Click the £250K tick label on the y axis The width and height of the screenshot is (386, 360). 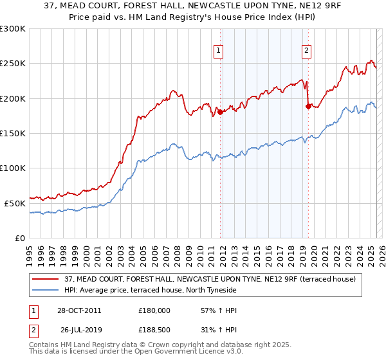[12, 64]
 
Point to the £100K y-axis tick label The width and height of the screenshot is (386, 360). [12, 168]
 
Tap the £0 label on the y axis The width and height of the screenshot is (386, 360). [19, 238]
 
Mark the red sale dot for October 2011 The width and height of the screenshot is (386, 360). [221, 112]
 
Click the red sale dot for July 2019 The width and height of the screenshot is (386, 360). [308, 106]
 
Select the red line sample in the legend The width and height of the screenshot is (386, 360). [46, 279]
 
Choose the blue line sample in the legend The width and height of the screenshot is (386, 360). [46, 290]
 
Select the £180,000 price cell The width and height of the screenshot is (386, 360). [154, 310]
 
